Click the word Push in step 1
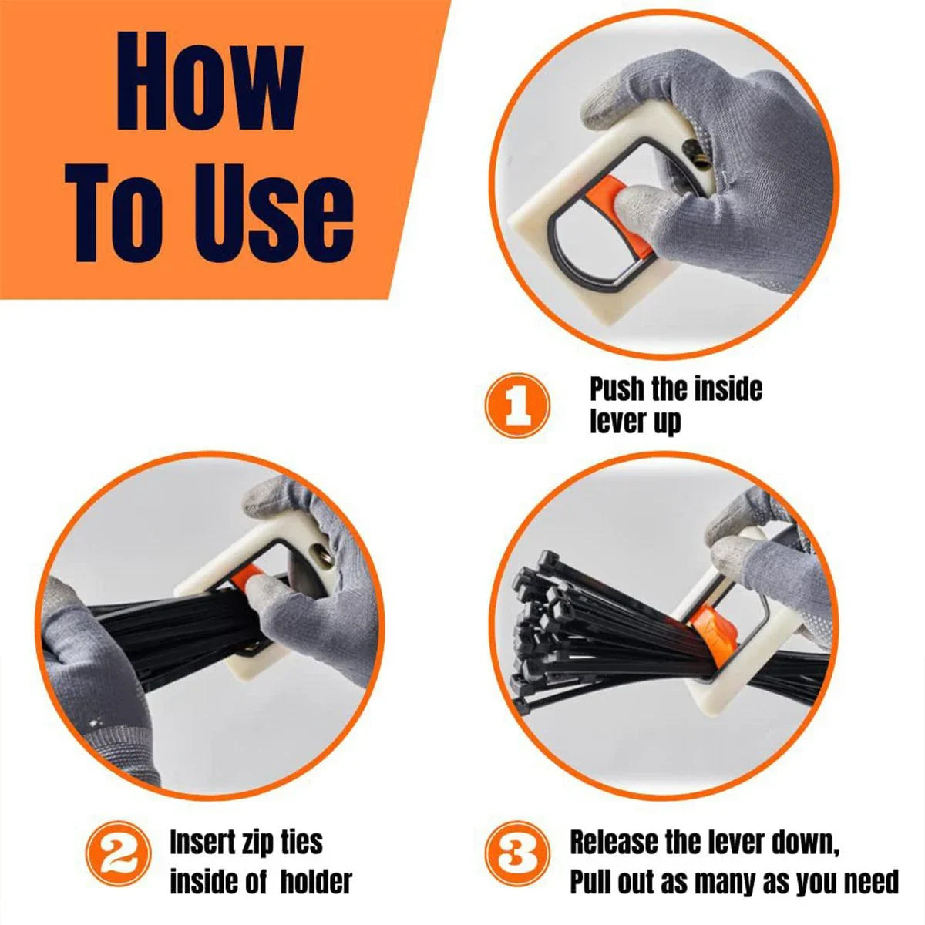click(617, 389)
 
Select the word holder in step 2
click(316, 881)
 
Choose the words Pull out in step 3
click(613, 881)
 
